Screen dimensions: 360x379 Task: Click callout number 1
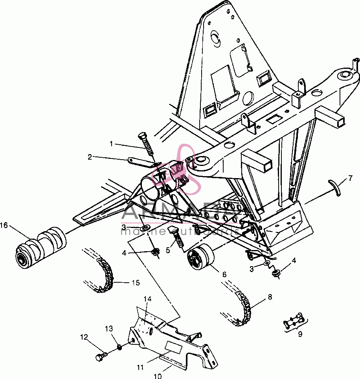pos(111,144)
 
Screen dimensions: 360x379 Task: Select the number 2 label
pos(90,157)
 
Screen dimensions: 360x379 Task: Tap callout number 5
pos(168,250)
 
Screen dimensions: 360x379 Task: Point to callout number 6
pos(224,274)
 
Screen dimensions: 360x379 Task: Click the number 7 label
pos(350,178)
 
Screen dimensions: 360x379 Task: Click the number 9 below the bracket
pos(300,334)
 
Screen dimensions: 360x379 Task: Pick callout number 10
pos(157,376)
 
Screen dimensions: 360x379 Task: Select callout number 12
pos(84,337)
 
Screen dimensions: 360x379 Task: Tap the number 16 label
pos(4,225)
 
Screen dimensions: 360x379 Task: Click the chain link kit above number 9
pos(296,319)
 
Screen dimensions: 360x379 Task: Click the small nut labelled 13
pos(119,347)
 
